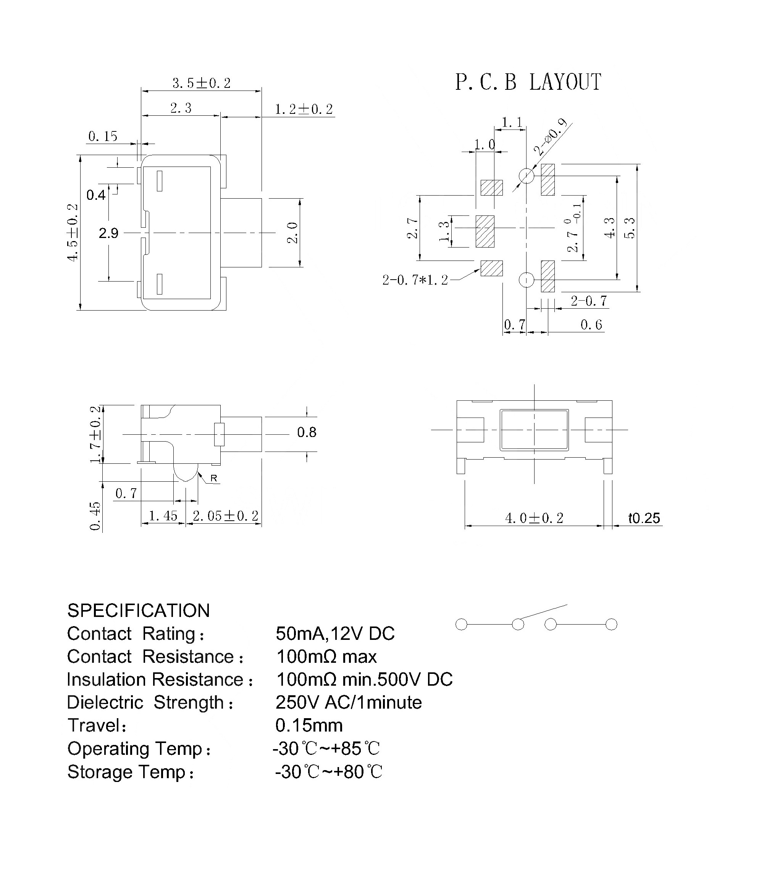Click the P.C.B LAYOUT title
point(528,82)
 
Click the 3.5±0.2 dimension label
point(201,83)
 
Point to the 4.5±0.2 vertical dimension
point(73,232)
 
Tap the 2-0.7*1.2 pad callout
point(415,280)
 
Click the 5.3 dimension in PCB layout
point(629,228)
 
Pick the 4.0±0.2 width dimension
point(534,518)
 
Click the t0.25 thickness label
point(644,518)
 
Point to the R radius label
point(214,478)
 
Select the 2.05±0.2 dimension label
point(226,516)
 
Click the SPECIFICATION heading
point(139,611)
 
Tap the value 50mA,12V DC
point(335,634)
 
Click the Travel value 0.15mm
point(309,725)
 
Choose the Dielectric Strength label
point(150,703)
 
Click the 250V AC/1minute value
point(349,703)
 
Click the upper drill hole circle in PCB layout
point(527,175)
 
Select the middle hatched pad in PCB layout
point(485,231)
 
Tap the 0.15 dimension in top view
point(103,136)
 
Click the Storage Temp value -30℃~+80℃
point(329,772)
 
